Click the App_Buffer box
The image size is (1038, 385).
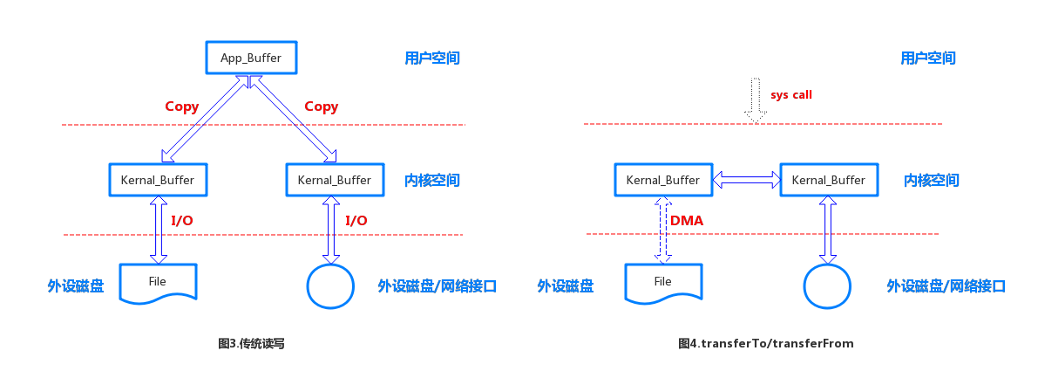tap(251, 58)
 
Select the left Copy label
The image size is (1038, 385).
tap(181, 107)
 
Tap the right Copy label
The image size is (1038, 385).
tap(321, 107)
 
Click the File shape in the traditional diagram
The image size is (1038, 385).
tap(158, 283)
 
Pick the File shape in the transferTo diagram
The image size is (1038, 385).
tap(663, 283)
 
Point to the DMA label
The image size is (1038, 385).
tap(687, 221)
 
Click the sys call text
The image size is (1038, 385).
tap(791, 94)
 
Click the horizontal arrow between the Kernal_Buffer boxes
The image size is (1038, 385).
tap(747, 180)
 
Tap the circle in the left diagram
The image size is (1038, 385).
tap(330, 285)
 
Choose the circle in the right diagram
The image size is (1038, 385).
tap(826, 285)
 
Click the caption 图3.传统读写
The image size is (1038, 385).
tap(251, 344)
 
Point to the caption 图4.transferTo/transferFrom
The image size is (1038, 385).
tap(766, 344)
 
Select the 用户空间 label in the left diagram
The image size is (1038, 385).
tap(432, 58)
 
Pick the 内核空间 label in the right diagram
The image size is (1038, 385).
tap(931, 181)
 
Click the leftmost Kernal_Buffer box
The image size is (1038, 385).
tap(158, 180)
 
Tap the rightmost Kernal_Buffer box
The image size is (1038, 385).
tap(829, 180)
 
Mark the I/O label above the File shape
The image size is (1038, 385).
tap(181, 221)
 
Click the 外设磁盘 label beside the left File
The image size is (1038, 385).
tap(76, 285)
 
